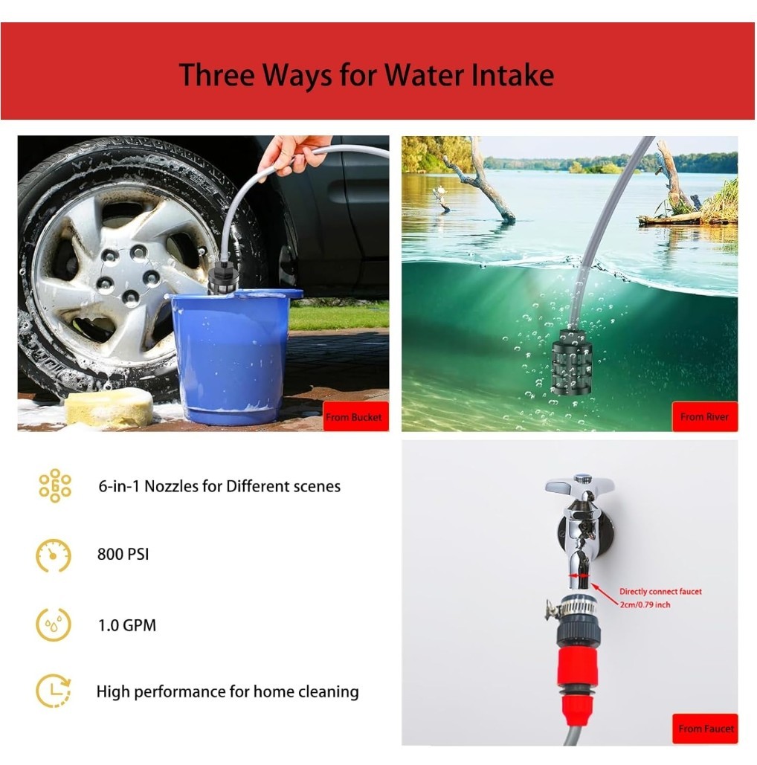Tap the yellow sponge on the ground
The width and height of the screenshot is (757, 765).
[109, 408]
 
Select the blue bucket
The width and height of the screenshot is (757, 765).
[233, 355]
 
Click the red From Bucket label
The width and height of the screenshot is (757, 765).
[355, 416]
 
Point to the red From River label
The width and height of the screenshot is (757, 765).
[705, 416]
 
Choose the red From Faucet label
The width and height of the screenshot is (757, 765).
[705, 729]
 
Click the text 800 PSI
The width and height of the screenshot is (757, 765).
[123, 555]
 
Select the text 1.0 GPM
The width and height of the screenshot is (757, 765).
[127, 625]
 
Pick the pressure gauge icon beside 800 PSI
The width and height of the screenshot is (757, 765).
[54, 555]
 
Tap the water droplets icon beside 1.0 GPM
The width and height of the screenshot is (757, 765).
[54, 625]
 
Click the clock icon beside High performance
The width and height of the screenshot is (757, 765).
[54, 691]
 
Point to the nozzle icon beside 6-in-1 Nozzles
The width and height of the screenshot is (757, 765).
[55, 486]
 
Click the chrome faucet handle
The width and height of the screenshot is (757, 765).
[579, 485]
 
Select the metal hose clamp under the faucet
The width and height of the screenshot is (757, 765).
[572, 607]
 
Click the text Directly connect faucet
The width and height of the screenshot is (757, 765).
[660, 591]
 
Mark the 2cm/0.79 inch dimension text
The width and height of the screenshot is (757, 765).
[645, 605]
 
